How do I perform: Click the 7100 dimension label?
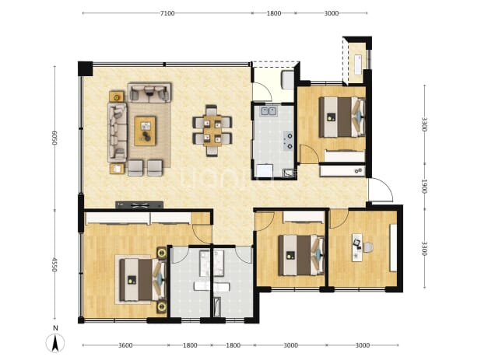167,13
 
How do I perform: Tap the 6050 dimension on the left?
54,138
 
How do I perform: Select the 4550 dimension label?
54,264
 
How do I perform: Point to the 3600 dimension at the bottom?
125,345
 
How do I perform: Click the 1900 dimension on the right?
424,186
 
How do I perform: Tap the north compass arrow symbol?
55,343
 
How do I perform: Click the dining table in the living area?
212,131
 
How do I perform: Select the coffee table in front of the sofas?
145,131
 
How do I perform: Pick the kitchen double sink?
269,111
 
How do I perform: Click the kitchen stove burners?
289,141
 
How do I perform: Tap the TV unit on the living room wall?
139,205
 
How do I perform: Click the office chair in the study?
368,247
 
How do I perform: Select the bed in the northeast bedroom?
342,117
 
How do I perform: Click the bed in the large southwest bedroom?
142,280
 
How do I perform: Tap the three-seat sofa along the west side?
118,132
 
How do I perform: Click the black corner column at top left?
86,68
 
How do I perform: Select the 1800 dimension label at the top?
274,13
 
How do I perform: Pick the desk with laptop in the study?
357,247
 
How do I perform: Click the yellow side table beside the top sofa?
117,97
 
